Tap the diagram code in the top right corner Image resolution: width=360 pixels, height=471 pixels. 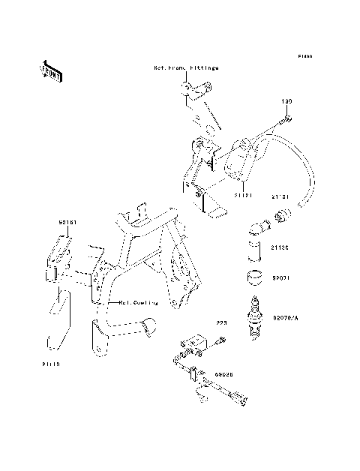pyautogui.click(x=303, y=56)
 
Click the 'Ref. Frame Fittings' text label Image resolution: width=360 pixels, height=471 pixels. pyautogui.click(x=186, y=67)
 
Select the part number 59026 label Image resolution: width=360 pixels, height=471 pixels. pyautogui.click(x=223, y=370)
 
